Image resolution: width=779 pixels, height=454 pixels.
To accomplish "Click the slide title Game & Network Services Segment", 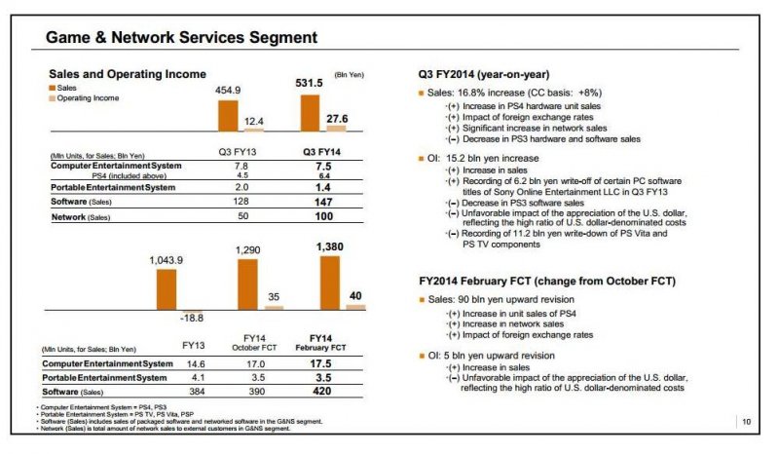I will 182,37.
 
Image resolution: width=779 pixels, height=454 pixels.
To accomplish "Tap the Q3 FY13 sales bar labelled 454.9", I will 227,115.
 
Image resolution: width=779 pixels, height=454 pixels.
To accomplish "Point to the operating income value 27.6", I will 336,118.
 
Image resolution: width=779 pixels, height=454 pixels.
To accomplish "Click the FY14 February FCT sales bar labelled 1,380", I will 330,283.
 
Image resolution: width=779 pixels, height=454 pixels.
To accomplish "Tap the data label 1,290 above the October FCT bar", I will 248,251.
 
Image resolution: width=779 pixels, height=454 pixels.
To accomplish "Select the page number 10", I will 745,422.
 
